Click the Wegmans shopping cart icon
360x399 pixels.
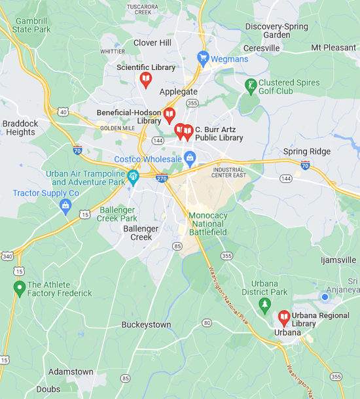point(203,58)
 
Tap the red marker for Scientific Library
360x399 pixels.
point(146,80)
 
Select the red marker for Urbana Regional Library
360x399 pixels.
point(284,318)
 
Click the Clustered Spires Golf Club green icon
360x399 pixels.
point(250,86)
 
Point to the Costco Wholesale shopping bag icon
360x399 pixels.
point(190,158)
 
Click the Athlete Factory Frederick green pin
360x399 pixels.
point(20,287)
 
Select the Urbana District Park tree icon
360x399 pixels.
point(264,304)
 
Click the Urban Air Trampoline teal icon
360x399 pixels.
point(133,176)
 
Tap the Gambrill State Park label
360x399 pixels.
point(31,25)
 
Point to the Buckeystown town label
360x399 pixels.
point(146,324)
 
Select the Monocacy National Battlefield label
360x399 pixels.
point(207,224)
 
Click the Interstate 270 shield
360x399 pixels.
point(161,176)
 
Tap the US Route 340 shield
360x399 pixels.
point(6,255)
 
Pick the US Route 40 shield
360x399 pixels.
point(63,112)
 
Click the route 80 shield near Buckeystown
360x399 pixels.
point(207,322)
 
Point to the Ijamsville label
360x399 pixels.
point(338,260)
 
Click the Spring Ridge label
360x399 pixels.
point(307,152)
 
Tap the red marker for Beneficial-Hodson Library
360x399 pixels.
point(170,115)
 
